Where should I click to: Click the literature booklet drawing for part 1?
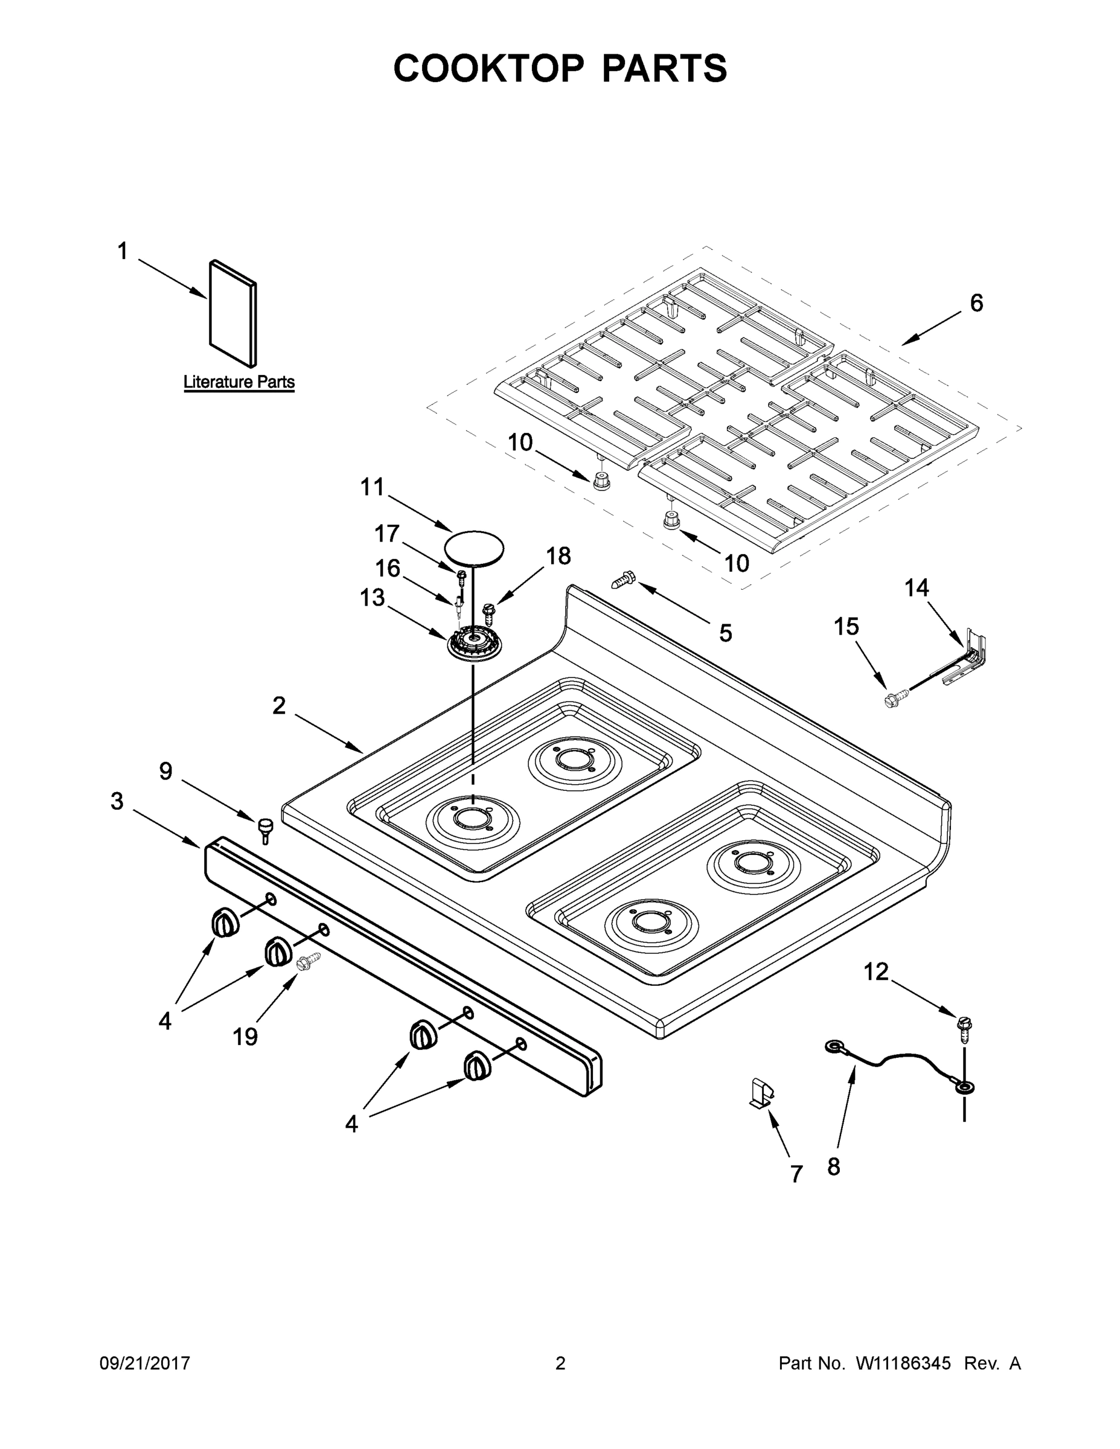pyautogui.click(x=233, y=313)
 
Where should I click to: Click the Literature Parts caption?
pyautogui.click(x=239, y=382)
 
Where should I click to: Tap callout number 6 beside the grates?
pyautogui.click(x=976, y=303)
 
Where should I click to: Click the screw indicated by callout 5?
pyautogui.click(x=622, y=582)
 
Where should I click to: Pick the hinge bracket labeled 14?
pyautogui.click(x=968, y=657)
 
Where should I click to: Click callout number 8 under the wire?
pyautogui.click(x=833, y=1166)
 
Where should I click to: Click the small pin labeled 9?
pyautogui.click(x=266, y=829)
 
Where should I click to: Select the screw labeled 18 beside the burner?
pyautogui.click(x=490, y=613)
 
